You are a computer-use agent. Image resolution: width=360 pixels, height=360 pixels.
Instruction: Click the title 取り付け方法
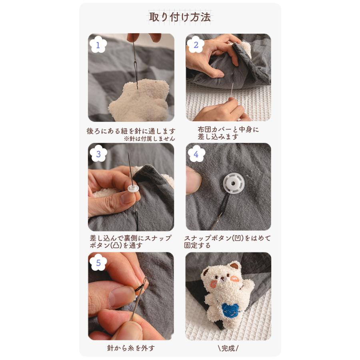click(x=180, y=18)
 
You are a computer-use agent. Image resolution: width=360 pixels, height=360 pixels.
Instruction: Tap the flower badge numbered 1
click(x=98, y=45)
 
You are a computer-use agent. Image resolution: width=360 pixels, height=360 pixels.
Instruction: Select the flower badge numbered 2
click(x=196, y=45)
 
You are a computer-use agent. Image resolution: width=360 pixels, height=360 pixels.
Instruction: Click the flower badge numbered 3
click(x=98, y=154)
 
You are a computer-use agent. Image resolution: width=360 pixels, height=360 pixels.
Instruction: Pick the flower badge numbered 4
click(x=196, y=154)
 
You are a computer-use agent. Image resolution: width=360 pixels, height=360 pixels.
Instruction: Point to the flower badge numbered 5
click(x=98, y=263)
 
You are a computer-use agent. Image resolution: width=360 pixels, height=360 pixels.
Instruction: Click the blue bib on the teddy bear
click(x=231, y=311)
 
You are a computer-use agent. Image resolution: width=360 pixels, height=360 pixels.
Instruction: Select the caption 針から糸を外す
click(x=131, y=348)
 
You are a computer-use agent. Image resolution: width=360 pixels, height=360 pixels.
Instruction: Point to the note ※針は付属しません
click(x=149, y=138)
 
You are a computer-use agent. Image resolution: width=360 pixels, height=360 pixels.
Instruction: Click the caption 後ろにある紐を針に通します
click(x=131, y=131)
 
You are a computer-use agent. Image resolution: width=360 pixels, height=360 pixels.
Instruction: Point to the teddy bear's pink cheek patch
click(x=215, y=283)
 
